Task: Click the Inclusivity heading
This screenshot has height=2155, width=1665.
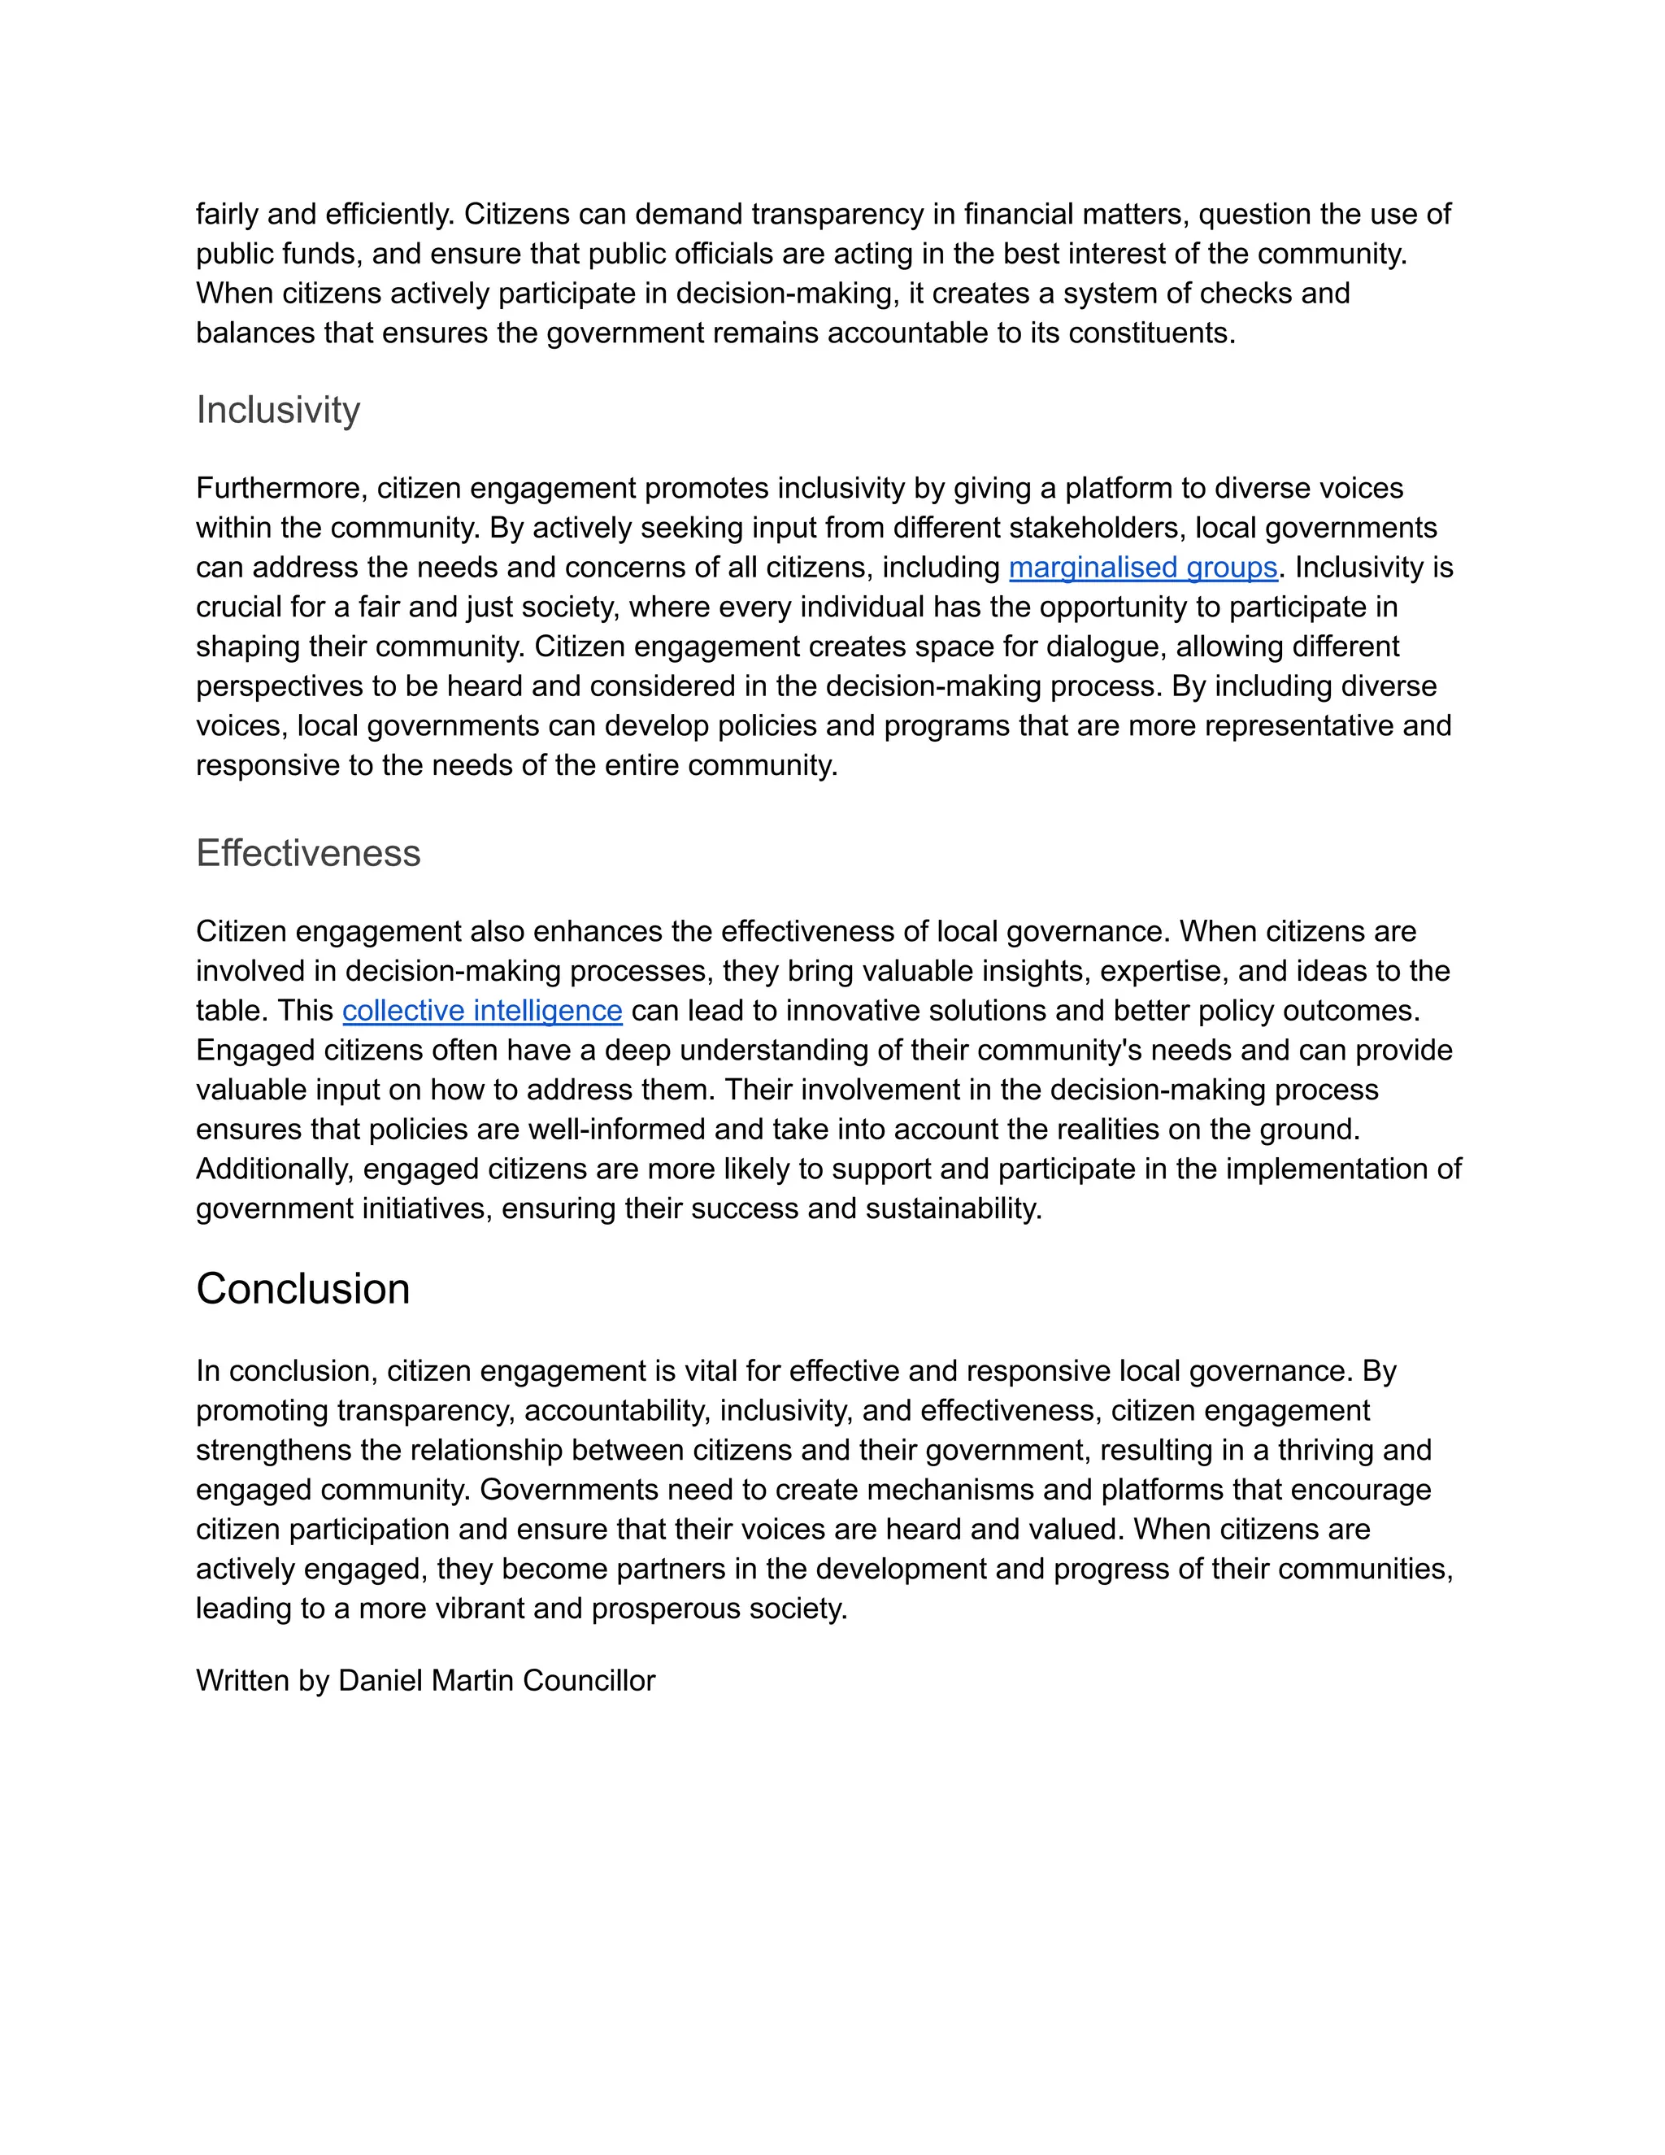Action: (278, 410)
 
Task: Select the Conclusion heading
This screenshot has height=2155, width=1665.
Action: (302, 1289)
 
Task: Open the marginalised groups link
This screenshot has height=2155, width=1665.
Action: (1143, 568)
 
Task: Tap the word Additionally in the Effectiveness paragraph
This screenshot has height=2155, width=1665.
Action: (274, 1169)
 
